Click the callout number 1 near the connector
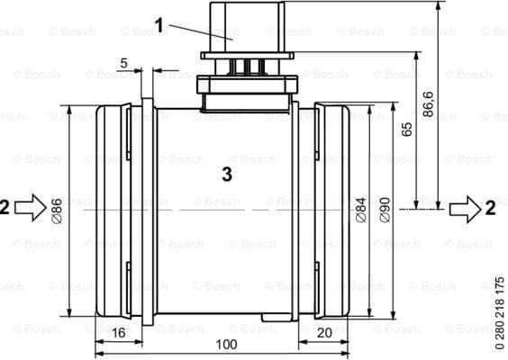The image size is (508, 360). (x=159, y=25)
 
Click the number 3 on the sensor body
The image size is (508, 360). (x=227, y=175)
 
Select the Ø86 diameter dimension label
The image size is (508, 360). (x=58, y=209)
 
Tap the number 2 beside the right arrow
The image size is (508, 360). (x=490, y=208)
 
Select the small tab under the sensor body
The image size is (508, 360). (x=274, y=318)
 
